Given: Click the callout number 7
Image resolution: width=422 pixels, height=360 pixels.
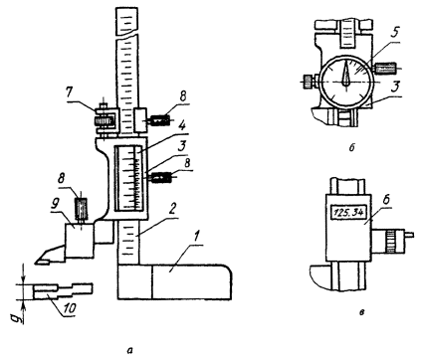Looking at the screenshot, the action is pos(69,92).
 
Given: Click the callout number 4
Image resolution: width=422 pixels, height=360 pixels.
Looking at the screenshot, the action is pos(181,127).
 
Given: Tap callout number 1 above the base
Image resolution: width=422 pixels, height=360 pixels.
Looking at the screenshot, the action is pos(197,238).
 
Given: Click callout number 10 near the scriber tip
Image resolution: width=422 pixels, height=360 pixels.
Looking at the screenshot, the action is pos(69,308).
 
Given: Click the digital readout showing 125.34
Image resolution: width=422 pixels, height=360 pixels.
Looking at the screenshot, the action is pos(348,212).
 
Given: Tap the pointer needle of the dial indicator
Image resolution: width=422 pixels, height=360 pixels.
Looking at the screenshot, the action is pos(345,74).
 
